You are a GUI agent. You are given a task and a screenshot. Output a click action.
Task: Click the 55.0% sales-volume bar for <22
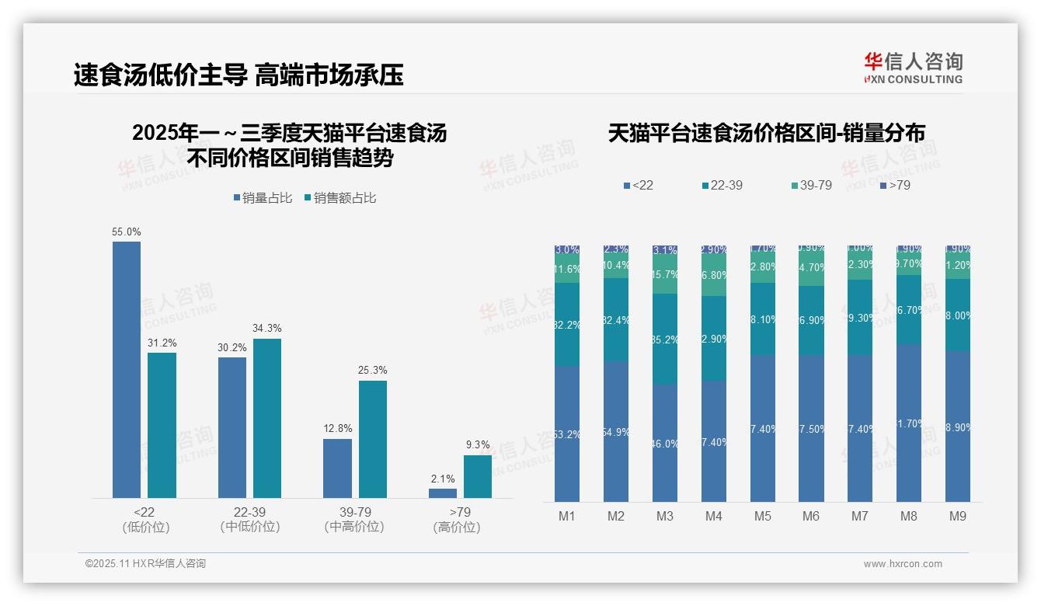coord(127,369)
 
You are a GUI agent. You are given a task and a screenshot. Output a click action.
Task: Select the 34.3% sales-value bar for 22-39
coord(267,418)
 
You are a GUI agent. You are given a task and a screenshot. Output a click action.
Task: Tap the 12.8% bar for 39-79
coord(337,468)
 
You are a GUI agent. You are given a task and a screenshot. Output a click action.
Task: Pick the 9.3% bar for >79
coord(478,476)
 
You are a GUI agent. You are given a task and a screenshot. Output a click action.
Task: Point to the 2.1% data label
coord(443,479)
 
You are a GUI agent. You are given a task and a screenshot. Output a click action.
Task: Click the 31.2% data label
coord(162,343)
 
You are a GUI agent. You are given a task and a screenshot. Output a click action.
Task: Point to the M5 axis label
coord(762,516)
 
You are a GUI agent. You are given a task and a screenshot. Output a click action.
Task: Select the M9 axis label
coord(957,516)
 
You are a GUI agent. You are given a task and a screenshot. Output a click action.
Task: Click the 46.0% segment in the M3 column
coord(665,443)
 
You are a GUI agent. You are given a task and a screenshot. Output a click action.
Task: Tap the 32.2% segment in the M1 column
coord(567,325)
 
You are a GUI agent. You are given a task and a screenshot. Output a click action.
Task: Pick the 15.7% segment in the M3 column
coord(665,275)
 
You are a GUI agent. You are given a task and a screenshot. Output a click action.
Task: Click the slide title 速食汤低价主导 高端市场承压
coord(238,75)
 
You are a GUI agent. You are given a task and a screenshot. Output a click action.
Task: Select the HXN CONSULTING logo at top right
coord(913,68)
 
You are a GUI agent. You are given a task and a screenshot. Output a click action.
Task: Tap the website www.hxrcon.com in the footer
coord(903,564)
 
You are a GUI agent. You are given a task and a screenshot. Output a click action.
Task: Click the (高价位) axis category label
coord(457,527)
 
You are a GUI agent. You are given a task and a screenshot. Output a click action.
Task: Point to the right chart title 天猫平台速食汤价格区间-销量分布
coord(766,134)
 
